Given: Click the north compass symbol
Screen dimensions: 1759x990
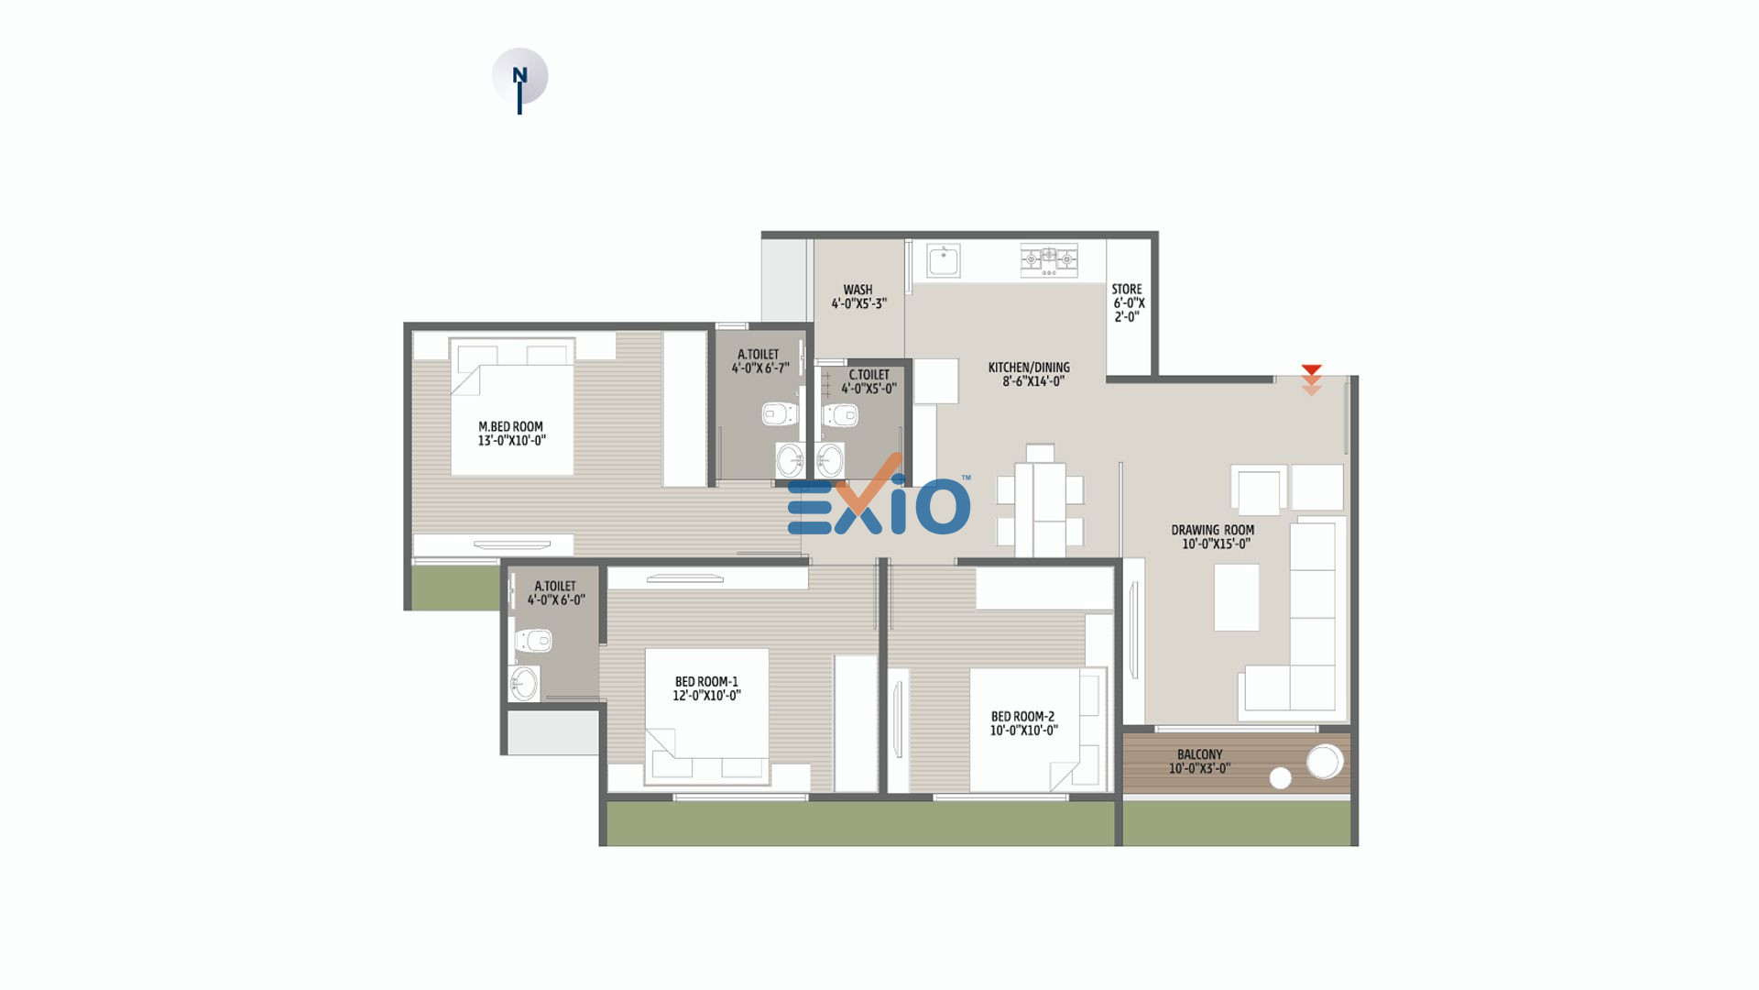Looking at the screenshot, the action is click(x=519, y=78).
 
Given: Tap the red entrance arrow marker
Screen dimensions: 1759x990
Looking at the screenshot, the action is click(x=1311, y=379).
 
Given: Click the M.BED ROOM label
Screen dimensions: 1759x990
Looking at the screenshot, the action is click(x=510, y=426).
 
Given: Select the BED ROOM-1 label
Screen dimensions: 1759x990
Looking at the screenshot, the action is click(x=706, y=681).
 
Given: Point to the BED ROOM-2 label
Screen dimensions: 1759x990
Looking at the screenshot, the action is click(x=1022, y=716).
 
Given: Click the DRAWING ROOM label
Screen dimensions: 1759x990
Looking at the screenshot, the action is click(x=1213, y=530).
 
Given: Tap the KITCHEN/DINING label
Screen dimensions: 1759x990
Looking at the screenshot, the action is click(x=1029, y=368).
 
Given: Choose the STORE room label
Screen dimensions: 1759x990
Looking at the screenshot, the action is click(x=1127, y=289).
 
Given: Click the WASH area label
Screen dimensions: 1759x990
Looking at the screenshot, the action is click(x=858, y=290).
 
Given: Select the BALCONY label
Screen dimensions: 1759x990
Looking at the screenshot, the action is click(x=1199, y=754).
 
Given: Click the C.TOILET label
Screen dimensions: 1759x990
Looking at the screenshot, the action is click(x=869, y=375).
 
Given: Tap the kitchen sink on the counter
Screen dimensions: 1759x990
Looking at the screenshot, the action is click(x=943, y=260).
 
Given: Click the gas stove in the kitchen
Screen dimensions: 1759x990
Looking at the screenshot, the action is click(x=1049, y=260).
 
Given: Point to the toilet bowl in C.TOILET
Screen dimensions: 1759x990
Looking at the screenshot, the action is click(x=840, y=414).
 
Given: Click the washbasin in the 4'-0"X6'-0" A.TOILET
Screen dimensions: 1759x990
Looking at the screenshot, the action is click(x=524, y=683).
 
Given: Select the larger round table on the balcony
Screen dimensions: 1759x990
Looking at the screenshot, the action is click(x=1324, y=762).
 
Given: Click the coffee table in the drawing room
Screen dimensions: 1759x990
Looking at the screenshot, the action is click(x=1236, y=597).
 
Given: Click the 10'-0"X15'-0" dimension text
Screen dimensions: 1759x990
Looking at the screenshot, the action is click(x=1216, y=544).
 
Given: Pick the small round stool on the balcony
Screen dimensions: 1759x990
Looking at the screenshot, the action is click(x=1280, y=778).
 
